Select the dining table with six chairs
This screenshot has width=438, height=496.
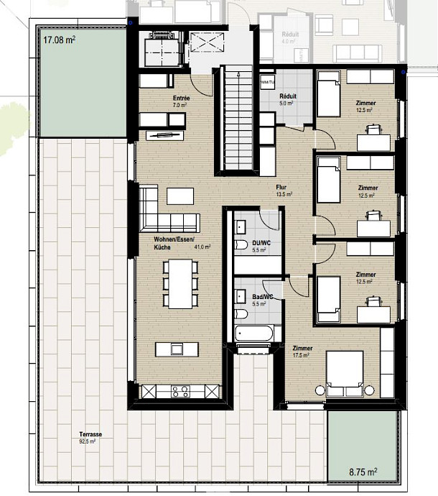pos(180,282)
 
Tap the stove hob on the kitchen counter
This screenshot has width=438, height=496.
pos(179,392)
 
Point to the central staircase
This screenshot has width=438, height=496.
pos(236,119)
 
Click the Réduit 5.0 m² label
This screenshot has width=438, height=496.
pos(287,99)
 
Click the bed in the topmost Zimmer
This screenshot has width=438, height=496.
pos(328,98)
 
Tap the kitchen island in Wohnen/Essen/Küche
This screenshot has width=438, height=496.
pos(179,349)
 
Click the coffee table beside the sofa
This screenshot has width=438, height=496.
pos(180,196)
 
